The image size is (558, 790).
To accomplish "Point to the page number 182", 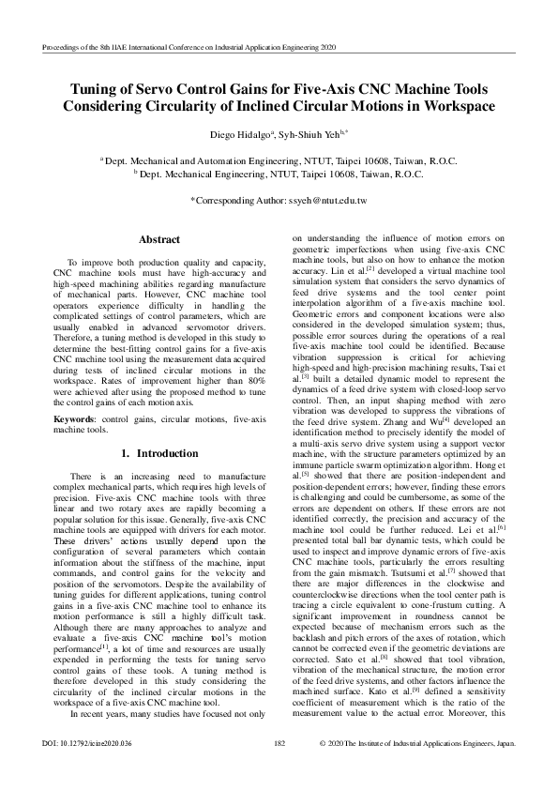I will tap(279, 769).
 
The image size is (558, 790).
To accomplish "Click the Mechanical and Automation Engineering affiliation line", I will tap(279, 161).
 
